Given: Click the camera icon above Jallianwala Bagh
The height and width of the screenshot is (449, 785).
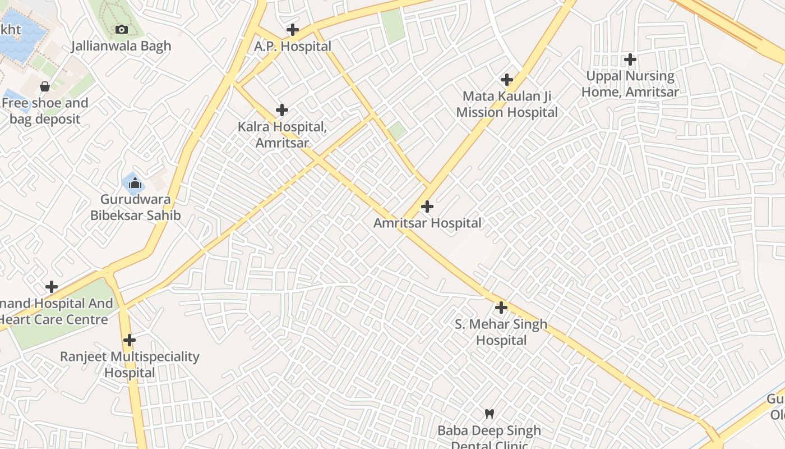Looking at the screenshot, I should pos(121,29).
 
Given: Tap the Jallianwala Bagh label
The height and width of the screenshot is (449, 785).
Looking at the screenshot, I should pos(121,46).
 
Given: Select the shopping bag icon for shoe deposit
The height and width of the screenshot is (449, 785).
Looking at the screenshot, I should pos(44,86).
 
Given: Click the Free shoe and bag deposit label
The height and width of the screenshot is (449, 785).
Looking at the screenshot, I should pos(44,111).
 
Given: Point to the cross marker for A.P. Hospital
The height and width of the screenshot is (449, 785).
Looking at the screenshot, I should pos(292,30).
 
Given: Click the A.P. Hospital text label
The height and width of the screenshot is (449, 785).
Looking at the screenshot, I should pos(293,47).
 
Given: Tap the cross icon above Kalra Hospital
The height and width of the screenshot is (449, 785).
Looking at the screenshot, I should pos(282,110).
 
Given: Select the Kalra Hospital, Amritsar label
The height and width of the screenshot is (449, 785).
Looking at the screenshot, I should pos(282,135).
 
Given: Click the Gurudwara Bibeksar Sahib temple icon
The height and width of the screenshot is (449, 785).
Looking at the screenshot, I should pos(135,183).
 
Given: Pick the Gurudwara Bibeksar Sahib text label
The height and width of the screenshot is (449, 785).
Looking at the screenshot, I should pos(136,207).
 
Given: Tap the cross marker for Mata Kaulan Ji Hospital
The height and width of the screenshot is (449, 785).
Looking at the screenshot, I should pos(507,80).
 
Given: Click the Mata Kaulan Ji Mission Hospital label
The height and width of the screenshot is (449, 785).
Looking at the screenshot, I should pos(507,104).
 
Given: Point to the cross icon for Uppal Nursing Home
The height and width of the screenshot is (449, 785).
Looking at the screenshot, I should pos(630,59).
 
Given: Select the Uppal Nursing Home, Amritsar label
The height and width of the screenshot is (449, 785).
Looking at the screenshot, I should pos(630,84).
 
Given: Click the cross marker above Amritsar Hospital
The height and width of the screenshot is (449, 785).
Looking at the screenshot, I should pos(427,207).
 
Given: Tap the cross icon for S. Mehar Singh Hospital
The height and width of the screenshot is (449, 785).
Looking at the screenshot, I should pos(501,308).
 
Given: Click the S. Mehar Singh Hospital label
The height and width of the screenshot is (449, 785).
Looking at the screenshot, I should pos(501,332).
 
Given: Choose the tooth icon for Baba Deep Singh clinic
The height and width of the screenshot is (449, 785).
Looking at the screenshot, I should pos(490,414).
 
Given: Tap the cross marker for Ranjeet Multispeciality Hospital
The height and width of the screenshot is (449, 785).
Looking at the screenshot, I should pos(130,340).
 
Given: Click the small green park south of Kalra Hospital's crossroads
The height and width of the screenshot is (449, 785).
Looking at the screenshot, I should pos(397,131).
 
